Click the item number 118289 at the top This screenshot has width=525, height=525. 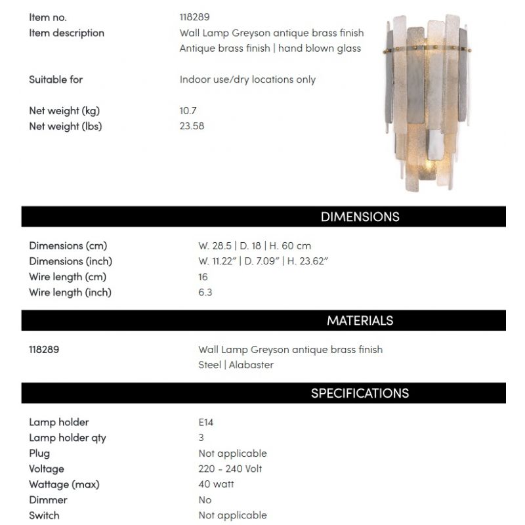[194, 18]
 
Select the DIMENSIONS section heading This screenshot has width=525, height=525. [360, 217]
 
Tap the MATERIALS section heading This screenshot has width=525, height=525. [360, 321]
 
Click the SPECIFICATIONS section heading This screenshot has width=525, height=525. [360, 393]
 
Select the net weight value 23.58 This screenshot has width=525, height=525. [192, 126]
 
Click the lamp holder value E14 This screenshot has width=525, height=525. [205, 423]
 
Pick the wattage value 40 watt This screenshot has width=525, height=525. [216, 484]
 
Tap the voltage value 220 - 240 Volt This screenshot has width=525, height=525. [230, 469]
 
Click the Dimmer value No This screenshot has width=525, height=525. [205, 500]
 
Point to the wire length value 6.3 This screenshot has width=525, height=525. [205, 293]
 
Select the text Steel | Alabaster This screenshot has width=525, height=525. [236, 365]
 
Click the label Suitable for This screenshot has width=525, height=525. [56, 79]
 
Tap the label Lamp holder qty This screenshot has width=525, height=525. [68, 438]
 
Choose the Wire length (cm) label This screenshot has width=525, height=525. [68, 277]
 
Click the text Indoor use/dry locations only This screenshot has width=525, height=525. [247, 79]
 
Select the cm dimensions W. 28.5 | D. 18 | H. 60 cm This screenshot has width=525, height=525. [255, 246]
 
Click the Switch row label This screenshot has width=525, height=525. [44, 516]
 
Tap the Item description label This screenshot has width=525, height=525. [66, 33]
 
